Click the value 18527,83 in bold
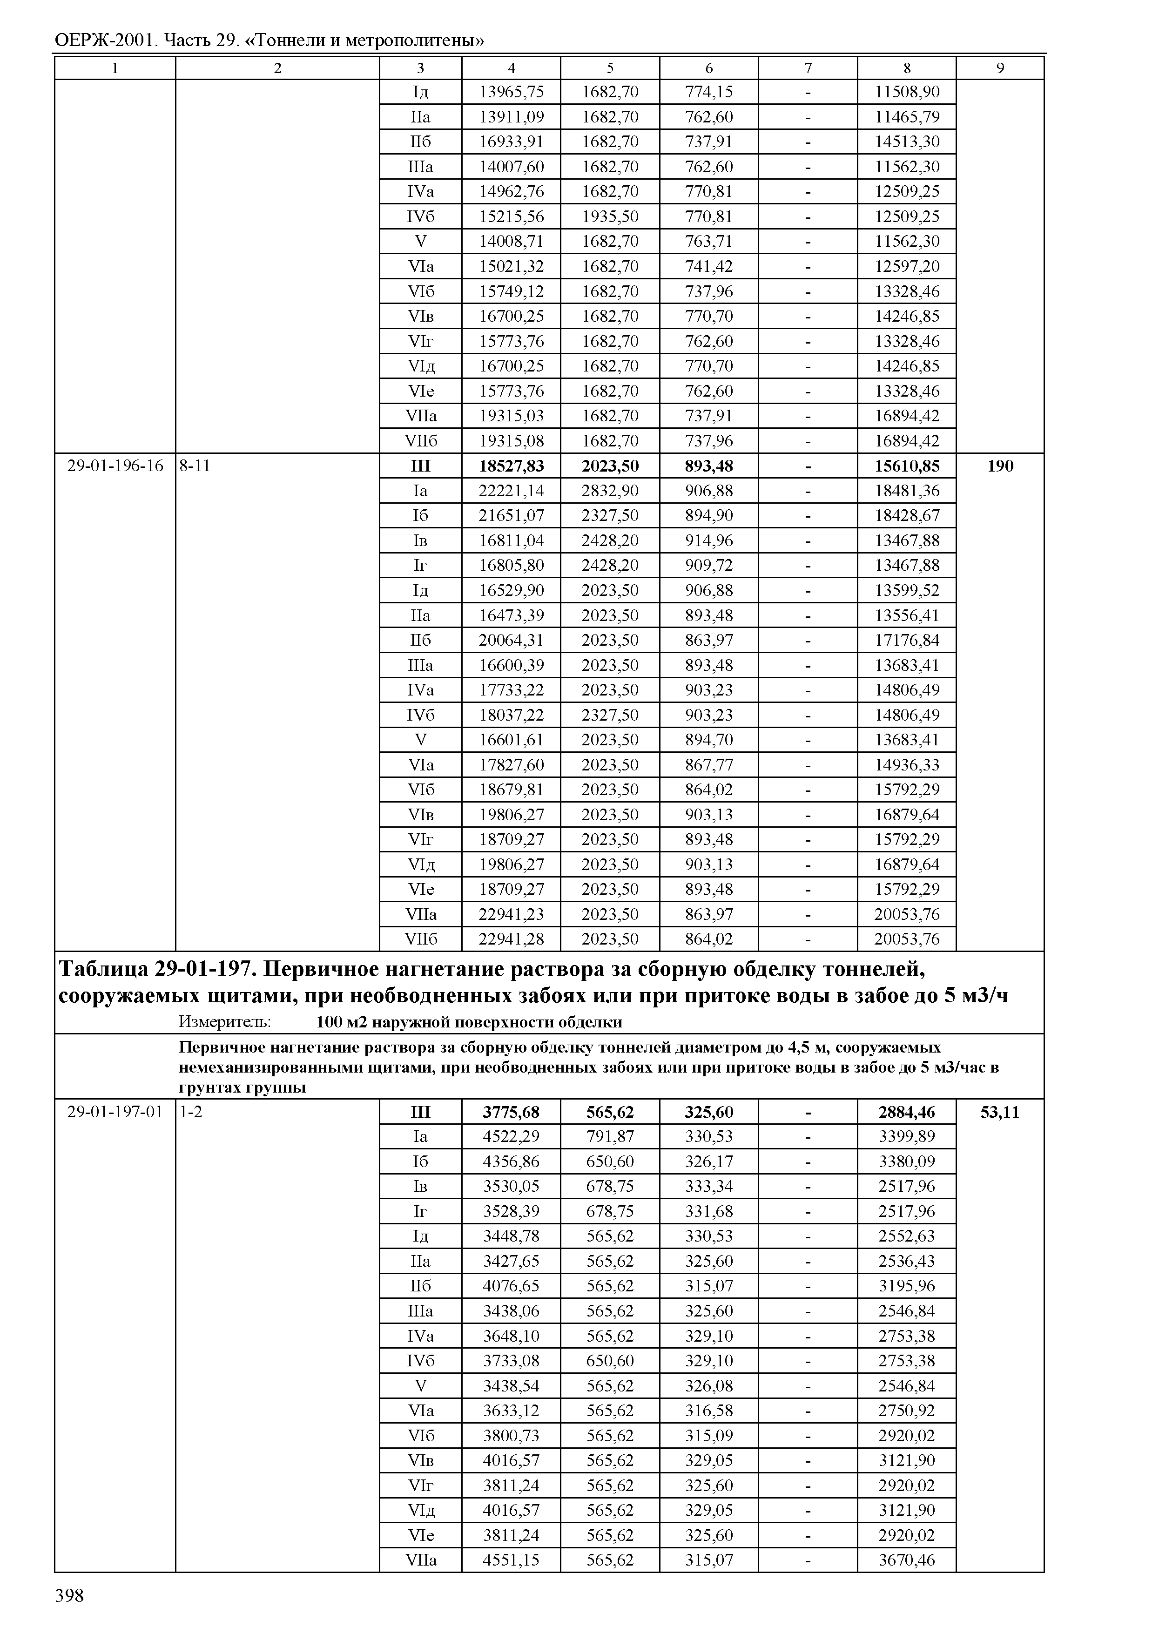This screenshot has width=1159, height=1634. click(511, 466)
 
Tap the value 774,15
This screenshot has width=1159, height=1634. click(709, 91)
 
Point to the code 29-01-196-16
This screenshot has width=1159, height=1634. click(115, 466)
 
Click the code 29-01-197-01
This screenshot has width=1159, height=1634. click(115, 1112)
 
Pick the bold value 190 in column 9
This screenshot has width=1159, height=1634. click(1000, 466)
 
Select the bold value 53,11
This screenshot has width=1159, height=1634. click(1000, 1112)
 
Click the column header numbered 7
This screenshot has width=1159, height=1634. click(808, 68)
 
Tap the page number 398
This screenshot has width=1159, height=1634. click(69, 1595)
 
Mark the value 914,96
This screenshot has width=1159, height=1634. click(709, 540)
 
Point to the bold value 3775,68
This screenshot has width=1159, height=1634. click(511, 1112)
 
